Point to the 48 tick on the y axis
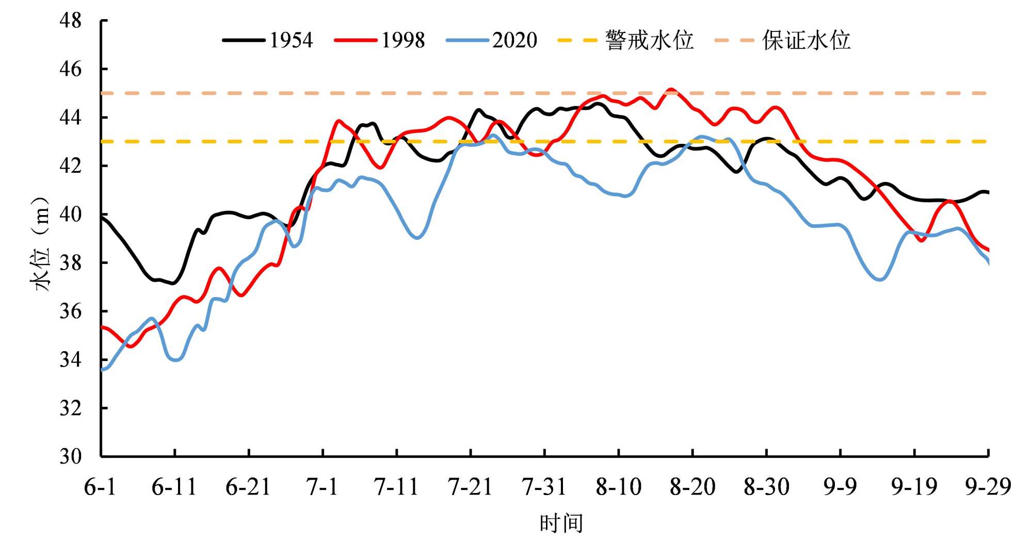(71, 21)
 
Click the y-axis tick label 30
(71, 456)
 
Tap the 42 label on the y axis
(71, 166)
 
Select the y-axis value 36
(71, 311)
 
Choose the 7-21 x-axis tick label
(470, 487)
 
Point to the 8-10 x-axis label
(618, 487)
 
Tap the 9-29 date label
(988, 487)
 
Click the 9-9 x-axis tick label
(840, 487)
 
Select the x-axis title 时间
(561, 523)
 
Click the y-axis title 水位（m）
(41, 244)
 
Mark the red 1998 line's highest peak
(671, 90)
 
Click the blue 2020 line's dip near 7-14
(417, 238)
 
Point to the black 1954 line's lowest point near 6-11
(173, 283)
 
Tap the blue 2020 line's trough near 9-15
(881, 279)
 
